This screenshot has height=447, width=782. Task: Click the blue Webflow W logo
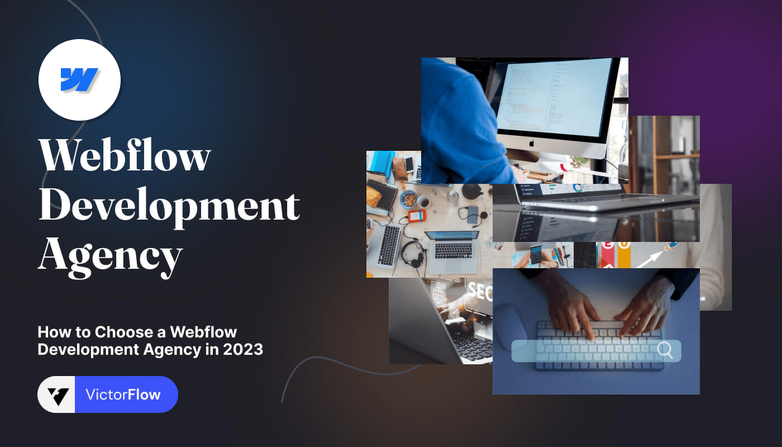[79, 79]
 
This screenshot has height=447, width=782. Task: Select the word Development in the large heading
[169, 206]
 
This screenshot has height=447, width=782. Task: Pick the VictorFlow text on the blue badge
[123, 394]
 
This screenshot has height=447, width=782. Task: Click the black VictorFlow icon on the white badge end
[57, 396]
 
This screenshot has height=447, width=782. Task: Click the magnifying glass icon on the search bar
[664, 350]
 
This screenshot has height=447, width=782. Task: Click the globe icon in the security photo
[438, 292]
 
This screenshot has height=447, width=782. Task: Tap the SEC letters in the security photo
[480, 291]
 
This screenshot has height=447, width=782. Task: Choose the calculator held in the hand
[536, 255]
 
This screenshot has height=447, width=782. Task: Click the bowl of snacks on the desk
[409, 198]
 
